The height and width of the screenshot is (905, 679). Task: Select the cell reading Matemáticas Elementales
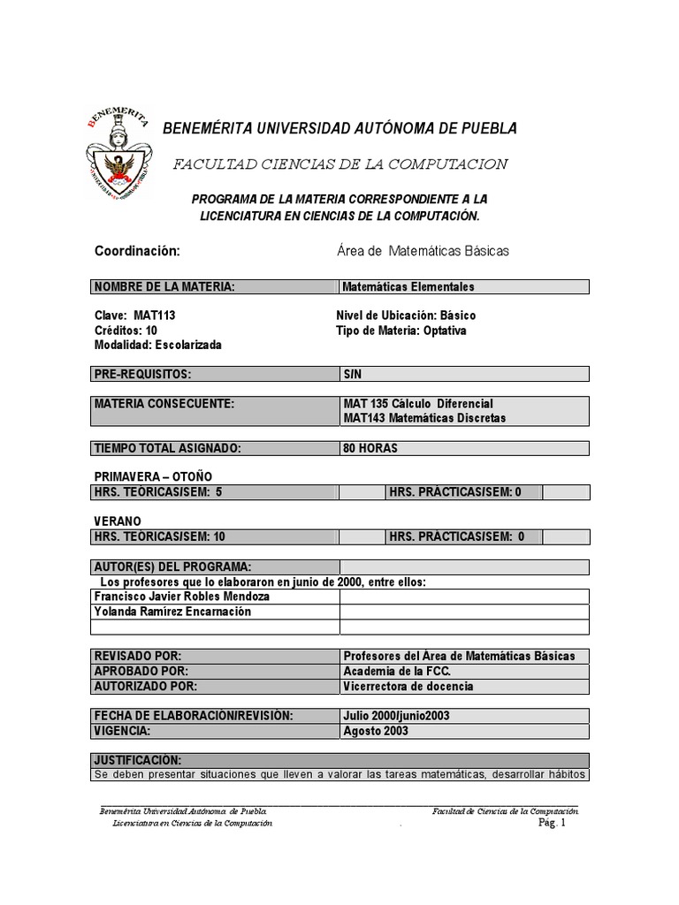click(x=408, y=286)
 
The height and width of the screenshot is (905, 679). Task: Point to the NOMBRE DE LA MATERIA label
click(x=164, y=286)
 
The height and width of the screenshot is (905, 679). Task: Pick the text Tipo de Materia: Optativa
click(x=401, y=331)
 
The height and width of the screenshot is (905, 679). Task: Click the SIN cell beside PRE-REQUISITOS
click(x=353, y=375)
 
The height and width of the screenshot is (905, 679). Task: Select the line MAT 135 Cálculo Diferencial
click(x=417, y=404)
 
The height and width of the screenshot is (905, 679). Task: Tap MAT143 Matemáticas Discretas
click(x=424, y=418)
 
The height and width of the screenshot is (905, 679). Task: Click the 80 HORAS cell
click(x=370, y=448)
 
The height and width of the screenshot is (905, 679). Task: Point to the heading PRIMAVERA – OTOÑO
click(x=153, y=476)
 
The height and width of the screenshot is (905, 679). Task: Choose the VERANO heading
click(x=118, y=521)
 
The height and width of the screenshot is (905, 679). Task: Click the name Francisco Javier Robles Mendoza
click(x=182, y=597)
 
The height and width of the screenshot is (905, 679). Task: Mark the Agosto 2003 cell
click(x=376, y=731)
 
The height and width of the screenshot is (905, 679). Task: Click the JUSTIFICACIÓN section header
click(x=137, y=760)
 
